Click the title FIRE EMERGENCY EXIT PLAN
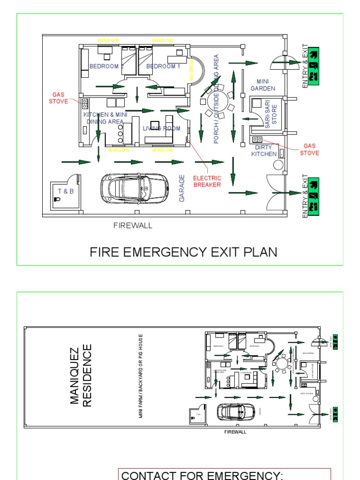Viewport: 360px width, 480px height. click(x=183, y=252)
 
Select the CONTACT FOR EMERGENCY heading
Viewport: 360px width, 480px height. click(x=202, y=475)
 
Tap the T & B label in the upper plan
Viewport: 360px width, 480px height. click(x=66, y=191)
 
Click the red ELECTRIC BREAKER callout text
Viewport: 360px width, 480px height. click(x=207, y=181)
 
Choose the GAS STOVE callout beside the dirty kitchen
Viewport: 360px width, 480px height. click(x=309, y=150)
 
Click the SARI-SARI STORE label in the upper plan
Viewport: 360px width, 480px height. click(x=271, y=115)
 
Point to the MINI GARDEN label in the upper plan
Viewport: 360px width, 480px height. click(x=262, y=85)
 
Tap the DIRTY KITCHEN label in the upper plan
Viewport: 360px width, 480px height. click(x=264, y=150)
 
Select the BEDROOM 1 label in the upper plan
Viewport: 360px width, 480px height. click(x=163, y=67)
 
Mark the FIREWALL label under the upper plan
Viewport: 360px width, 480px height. click(x=133, y=225)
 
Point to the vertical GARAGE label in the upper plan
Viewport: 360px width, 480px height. click(x=182, y=188)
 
